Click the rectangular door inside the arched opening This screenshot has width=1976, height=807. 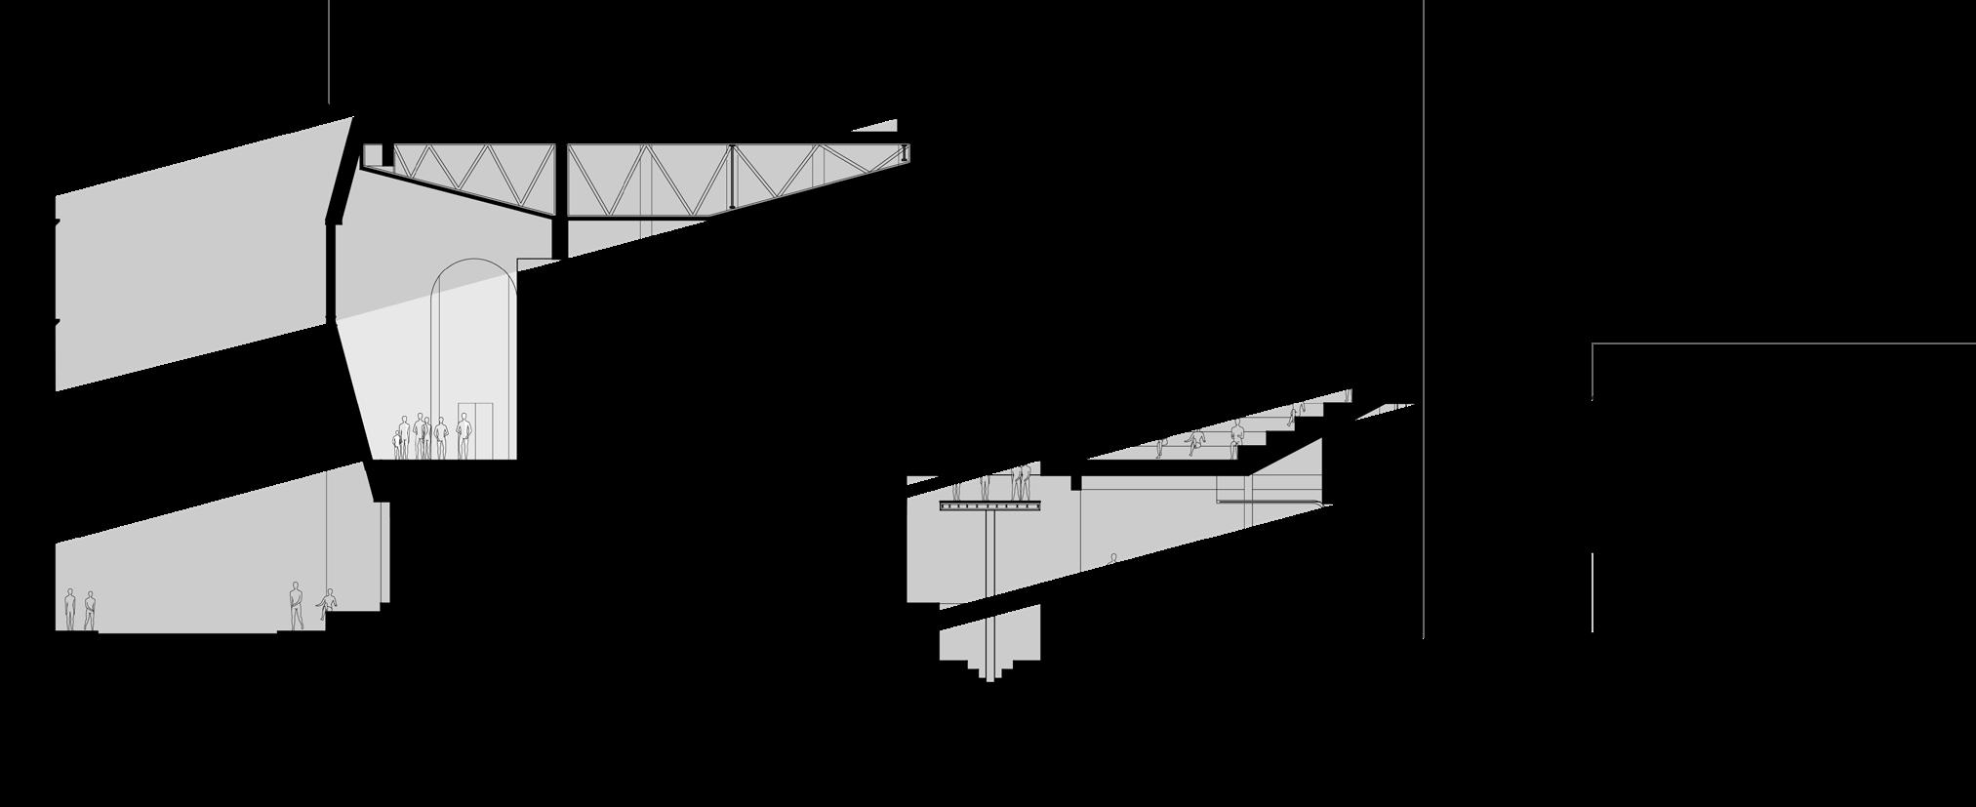click(x=475, y=429)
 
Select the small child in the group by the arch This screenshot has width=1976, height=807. click(x=398, y=445)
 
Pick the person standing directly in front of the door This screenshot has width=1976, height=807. click(x=464, y=435)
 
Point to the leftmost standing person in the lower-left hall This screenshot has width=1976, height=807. click(x=69, y=609)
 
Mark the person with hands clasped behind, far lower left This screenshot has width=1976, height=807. click(x=90, y=611)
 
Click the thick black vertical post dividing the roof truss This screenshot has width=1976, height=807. click(x=559, y=200)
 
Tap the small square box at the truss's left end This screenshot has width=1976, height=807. click(x=372, y=155)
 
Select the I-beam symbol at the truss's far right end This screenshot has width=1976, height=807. click(x=906, y=154)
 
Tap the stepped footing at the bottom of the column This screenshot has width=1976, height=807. click(x=989, y=668)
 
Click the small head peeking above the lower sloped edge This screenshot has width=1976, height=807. click(x=1112, y=559)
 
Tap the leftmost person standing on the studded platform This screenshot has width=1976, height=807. click(x=957, y=488)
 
